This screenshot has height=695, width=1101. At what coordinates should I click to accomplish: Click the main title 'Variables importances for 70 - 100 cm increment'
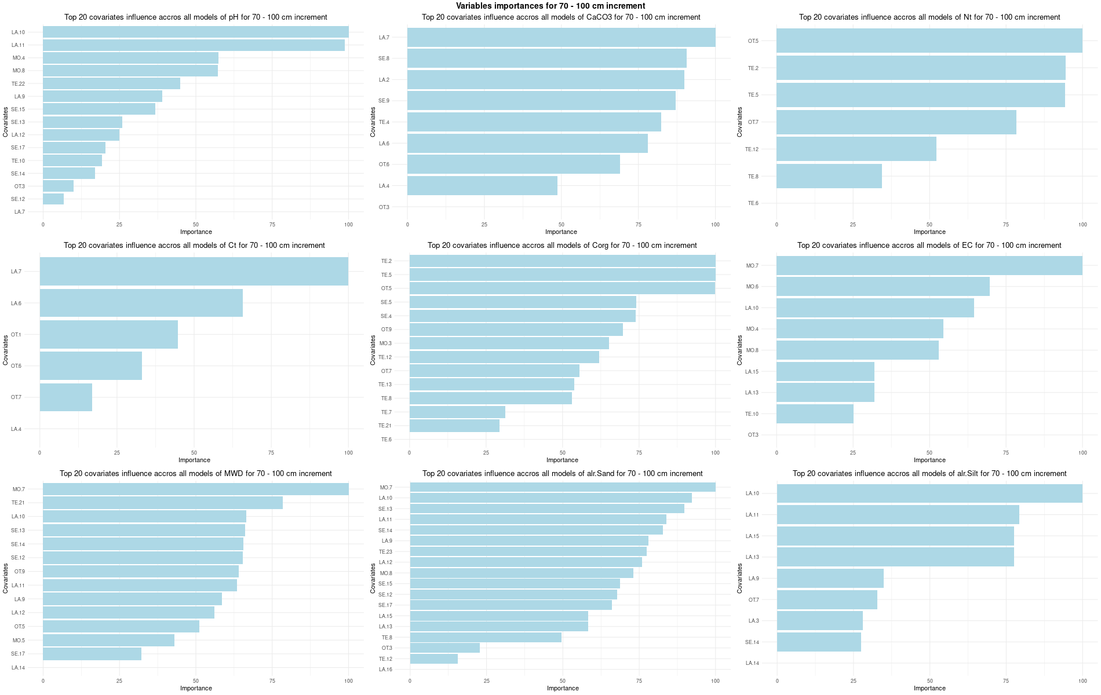[550, 6]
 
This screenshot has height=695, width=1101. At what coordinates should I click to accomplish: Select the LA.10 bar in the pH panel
[195, 32]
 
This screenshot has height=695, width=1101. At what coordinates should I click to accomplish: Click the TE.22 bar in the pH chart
[111, 83]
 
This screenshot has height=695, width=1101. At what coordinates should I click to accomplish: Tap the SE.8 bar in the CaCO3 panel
[546, 58]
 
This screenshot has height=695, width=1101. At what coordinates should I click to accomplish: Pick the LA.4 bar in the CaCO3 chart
[482, 186]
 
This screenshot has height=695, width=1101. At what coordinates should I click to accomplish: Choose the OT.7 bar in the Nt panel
[896, 122]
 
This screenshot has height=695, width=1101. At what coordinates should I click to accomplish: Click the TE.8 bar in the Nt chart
[829, 176]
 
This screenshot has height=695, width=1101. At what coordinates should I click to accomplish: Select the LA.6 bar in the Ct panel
[141, 303]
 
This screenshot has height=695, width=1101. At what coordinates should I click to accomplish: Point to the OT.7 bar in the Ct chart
[65, 397]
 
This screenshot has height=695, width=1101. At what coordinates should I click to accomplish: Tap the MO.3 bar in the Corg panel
[509, 343]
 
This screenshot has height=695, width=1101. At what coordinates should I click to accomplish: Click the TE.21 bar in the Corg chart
[454, 426]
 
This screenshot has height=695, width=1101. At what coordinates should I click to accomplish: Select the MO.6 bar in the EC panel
[883, 287]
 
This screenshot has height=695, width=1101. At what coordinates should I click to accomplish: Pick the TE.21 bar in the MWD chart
[162, 503]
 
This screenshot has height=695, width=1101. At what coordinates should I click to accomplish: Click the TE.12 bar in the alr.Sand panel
[433, 659]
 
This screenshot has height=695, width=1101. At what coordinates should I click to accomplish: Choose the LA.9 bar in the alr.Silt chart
[830, 578]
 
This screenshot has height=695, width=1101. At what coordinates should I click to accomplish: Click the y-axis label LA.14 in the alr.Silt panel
[752, 663]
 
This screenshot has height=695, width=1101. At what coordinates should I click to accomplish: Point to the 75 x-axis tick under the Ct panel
[271, 453]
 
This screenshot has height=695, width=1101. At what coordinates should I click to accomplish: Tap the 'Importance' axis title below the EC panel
[929, 460]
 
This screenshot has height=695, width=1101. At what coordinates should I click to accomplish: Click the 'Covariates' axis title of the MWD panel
[5, 578]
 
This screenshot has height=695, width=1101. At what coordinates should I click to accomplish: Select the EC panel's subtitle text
[929, 246]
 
